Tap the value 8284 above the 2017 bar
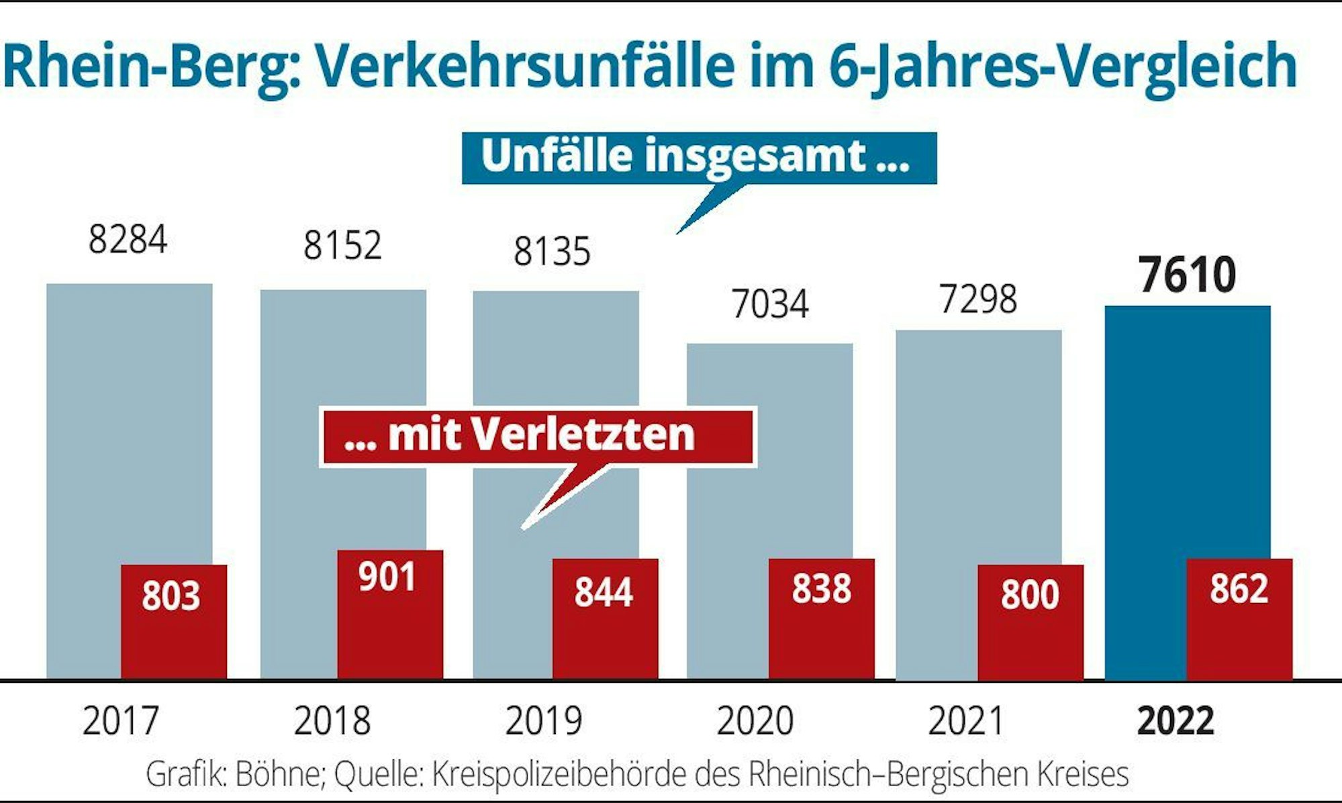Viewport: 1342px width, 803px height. (128, 240)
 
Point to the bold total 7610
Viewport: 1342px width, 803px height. (1187, 275)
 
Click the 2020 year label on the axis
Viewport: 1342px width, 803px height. (755, 721)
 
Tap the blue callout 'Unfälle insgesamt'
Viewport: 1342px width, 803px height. (698, 158)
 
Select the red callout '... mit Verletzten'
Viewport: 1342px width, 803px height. (537, 436)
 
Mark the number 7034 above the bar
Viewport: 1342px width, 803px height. (770, 304)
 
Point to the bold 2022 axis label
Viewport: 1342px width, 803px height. (1175, 721)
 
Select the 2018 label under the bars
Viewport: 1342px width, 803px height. (332, 721)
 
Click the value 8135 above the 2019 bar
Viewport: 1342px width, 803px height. (552, 252)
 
